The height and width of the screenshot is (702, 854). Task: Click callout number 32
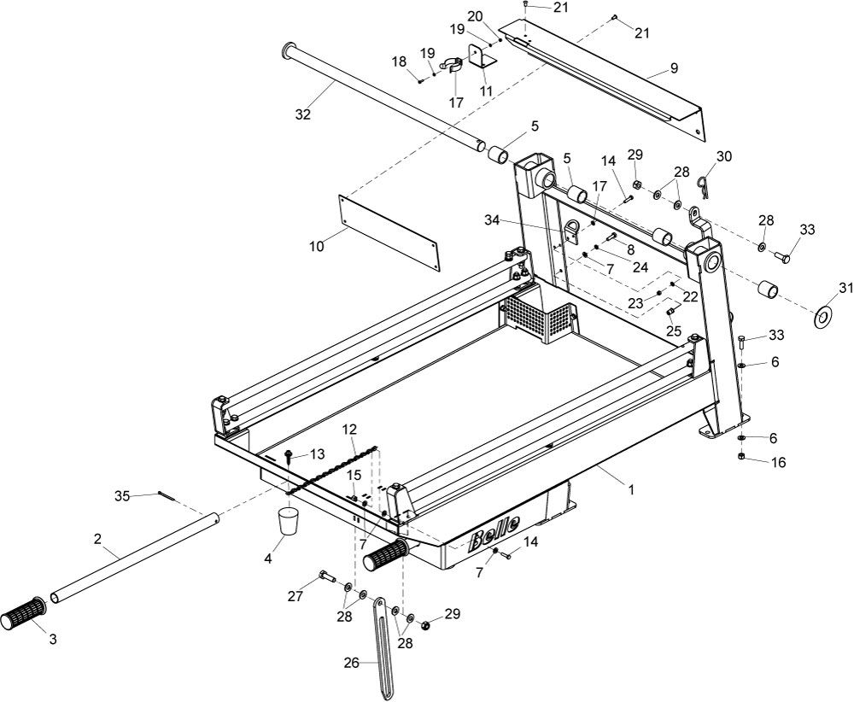[302, 114]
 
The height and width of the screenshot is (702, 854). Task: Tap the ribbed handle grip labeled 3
[25, 614]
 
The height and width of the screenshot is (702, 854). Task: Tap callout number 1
[630, 490]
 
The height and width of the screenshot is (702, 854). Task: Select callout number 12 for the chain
[350, 429]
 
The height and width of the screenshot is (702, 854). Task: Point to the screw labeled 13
[289, 455]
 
